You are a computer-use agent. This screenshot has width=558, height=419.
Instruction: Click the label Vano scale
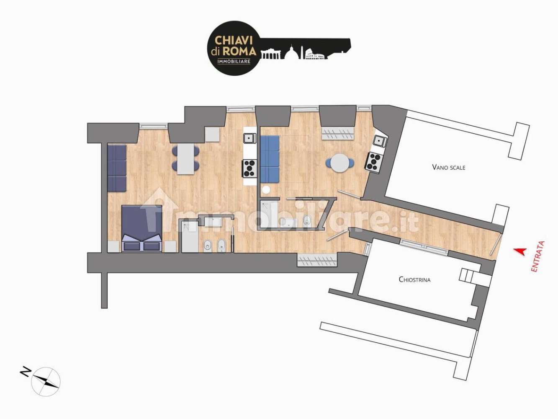point(449,167)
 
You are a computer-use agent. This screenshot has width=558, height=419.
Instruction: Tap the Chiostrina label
point(414,279)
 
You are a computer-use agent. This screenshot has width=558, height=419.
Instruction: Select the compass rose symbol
point(46,381)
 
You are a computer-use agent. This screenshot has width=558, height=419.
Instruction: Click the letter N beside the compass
point(26,371)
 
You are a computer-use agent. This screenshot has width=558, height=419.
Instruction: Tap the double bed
point(141,228)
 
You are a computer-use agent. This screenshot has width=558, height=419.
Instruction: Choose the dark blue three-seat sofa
point(117,168)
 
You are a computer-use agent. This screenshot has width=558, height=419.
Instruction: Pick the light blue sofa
point(270,159)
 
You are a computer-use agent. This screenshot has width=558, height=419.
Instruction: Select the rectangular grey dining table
point(185,159)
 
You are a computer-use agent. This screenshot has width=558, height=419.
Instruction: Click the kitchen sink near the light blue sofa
point(250,138)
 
